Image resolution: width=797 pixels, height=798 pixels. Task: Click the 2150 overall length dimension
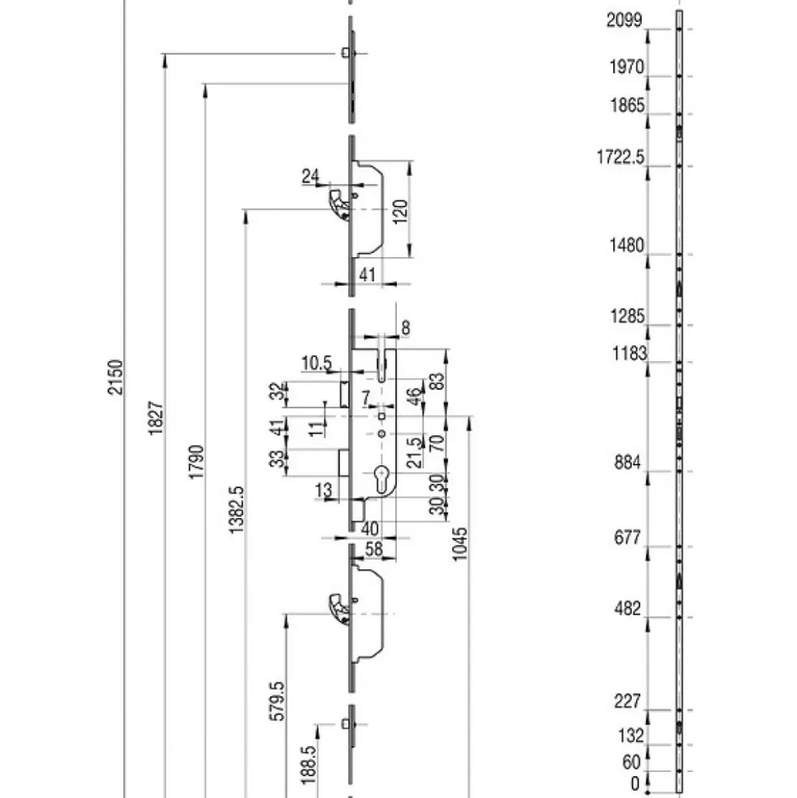click(x=116, y=377)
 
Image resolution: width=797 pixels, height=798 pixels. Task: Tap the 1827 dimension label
click(x=155, y=418)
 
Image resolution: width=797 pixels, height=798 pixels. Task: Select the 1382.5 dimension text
click(x=237, y=510)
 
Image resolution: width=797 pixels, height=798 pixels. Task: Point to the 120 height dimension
click(x=401, y=211)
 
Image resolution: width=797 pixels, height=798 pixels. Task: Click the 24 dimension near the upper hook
click(x=311, y=176)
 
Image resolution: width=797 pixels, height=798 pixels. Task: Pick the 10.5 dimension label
click(x=316, y=364)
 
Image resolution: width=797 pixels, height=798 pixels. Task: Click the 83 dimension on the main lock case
click(x=438, y=382)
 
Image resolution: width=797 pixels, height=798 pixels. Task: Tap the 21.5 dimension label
click(x=416, y=452)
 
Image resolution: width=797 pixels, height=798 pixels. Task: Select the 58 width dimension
click(x=374, y=548)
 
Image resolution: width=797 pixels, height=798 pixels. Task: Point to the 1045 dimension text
click(x=459, y=544)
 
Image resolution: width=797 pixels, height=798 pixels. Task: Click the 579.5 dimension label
click(x=277, y=702)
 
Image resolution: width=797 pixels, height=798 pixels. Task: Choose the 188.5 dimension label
click(x=308, y=765)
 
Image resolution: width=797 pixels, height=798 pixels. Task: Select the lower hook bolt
click(x=339, y=608)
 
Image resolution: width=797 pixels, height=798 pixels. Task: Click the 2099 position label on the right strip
click(x=625, y=20)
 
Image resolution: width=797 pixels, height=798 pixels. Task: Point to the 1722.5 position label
click(x=621, y=157)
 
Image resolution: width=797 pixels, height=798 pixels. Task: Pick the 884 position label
click(x=628, y=463)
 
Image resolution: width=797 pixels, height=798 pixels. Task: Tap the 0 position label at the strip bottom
click(x=634, y=783)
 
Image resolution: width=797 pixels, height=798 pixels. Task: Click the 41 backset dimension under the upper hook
click(x=368, y=274)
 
